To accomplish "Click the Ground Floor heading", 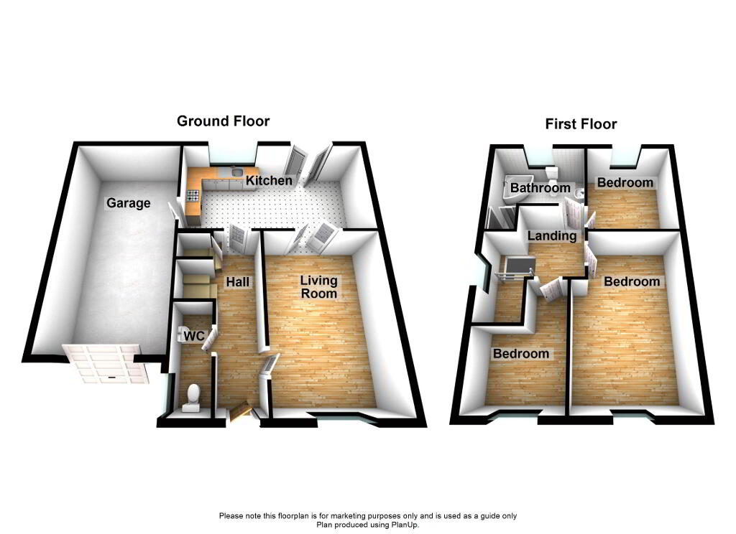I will click(x=224, y=121).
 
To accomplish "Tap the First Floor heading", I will click(x=581, y=124).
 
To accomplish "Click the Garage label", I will click(x=129, y=203).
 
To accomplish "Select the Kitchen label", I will click(x=269, y=180).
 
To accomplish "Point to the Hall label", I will click(x=238, y=282).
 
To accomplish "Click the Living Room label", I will click(x=318, y=287).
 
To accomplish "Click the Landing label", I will click(x=552, y=235).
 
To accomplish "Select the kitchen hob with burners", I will click(x=193, y=195).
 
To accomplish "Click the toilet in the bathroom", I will click(x=551, y=174).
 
